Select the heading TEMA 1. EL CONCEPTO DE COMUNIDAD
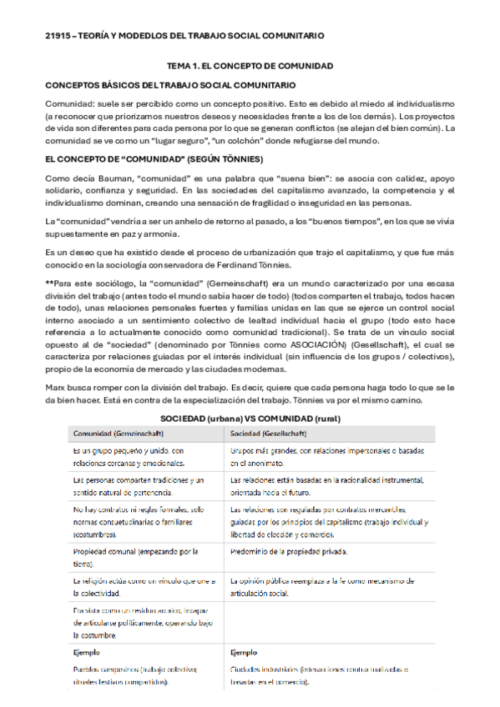(x=250, y=66)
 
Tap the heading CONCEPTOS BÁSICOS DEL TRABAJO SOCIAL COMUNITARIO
(x=169, y=85)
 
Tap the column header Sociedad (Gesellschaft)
(x=268, y=434)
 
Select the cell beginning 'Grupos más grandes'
(x=330, y=456)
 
